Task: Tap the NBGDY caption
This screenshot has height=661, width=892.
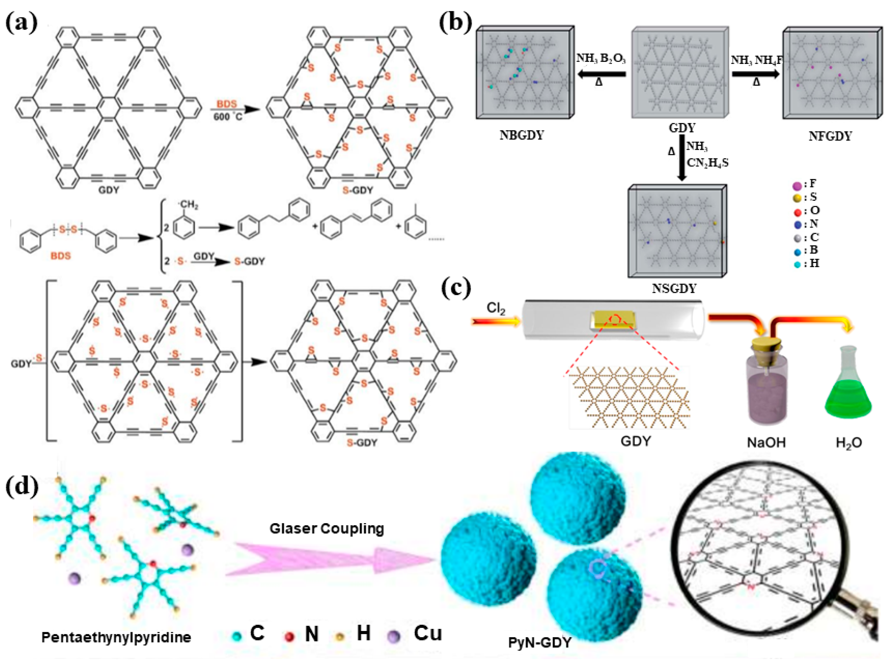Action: (521, 135)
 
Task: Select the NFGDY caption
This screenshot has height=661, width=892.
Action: (830, 136)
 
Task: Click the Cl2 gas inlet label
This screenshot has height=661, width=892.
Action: (496, 308)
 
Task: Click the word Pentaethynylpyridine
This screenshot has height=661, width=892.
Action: (116, 637)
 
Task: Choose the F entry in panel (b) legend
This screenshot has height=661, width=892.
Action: (804, 184)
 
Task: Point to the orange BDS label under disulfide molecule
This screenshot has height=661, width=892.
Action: (61, 256)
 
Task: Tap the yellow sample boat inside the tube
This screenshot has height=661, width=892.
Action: (612, 320)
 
